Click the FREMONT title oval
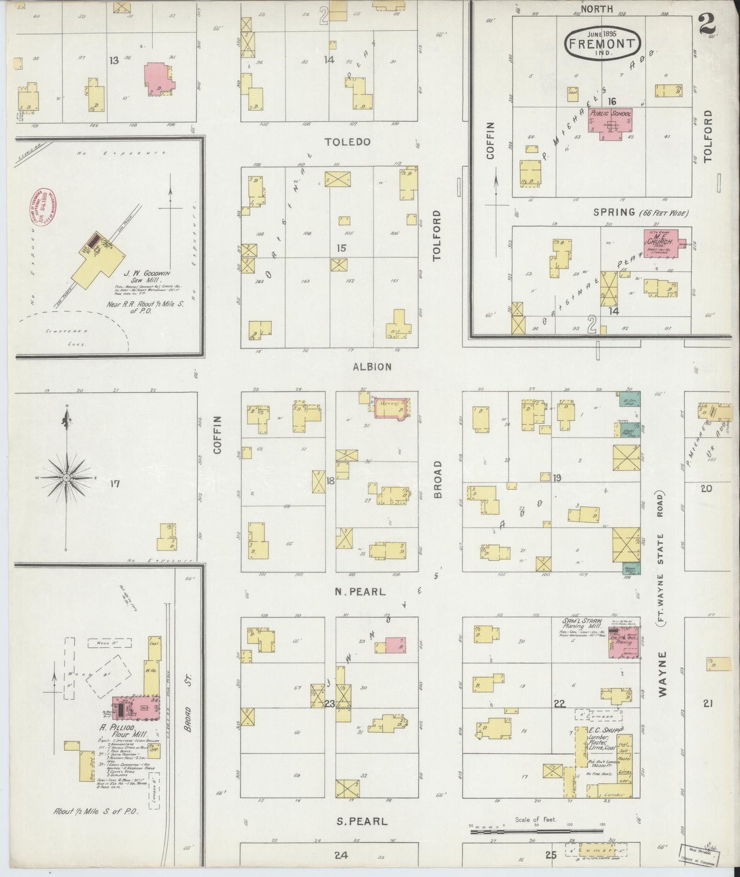click(x=603, y=43)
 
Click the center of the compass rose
click(x=67, y=478)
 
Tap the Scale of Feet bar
click(x=538, y=830)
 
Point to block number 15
click(x=341, y=248)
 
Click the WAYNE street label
click(x=663, y=674)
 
